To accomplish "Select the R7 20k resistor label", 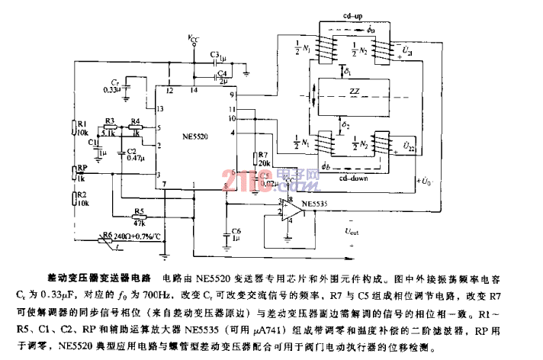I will pyautogui.click(x=265, y=158).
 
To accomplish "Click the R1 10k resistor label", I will pyautogui.click(x=82, y=127).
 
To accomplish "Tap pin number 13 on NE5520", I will pyautogui.click(x=160, y=108).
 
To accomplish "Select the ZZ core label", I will pyautogui.click(x=354, y=92).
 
